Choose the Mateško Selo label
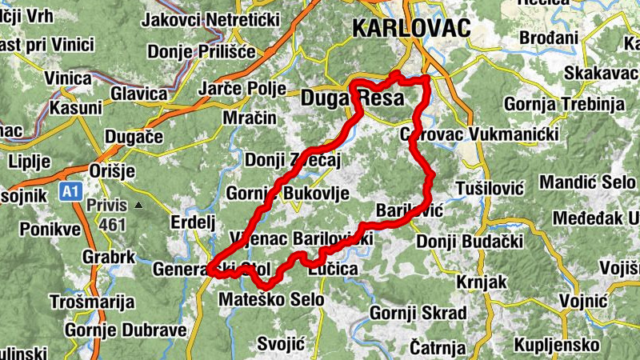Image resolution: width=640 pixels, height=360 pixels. pos(271,300)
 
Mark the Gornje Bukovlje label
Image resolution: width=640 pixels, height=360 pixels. pos(277,194)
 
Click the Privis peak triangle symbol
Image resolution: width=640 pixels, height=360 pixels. pos(138,206)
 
